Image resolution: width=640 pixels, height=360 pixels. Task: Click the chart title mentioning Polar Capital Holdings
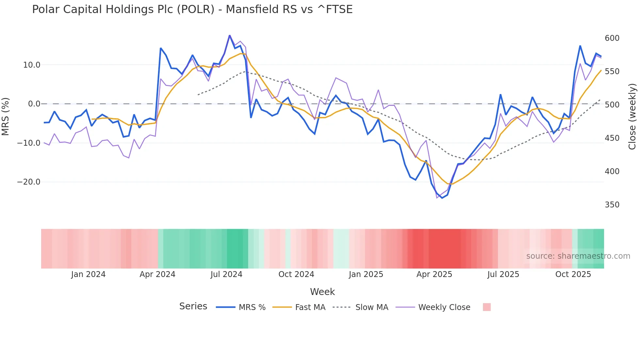[192, 9]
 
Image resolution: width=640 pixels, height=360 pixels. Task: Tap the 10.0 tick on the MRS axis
[32, 65]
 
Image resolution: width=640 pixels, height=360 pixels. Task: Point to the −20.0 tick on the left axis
[29, 182]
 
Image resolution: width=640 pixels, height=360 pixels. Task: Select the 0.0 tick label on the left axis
[34, 104]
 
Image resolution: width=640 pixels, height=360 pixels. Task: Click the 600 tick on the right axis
[612, 38]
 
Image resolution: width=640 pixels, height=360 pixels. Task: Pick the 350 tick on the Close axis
[612, 205]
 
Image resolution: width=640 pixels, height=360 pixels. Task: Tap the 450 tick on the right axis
[612, 138]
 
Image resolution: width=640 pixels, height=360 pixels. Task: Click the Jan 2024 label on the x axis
[88, 274]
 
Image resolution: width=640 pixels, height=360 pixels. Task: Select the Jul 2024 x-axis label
[226, 274]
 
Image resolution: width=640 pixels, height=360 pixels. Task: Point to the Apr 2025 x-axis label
[434, 274]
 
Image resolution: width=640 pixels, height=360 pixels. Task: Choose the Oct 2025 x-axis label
[573, 274]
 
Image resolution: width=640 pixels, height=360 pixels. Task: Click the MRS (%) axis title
[6, 117]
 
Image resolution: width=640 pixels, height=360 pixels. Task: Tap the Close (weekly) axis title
[632, 117]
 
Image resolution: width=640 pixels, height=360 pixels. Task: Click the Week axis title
[322, 292]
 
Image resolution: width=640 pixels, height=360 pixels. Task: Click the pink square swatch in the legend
[487, 307]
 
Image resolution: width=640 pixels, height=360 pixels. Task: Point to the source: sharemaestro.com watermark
[578, 256]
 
